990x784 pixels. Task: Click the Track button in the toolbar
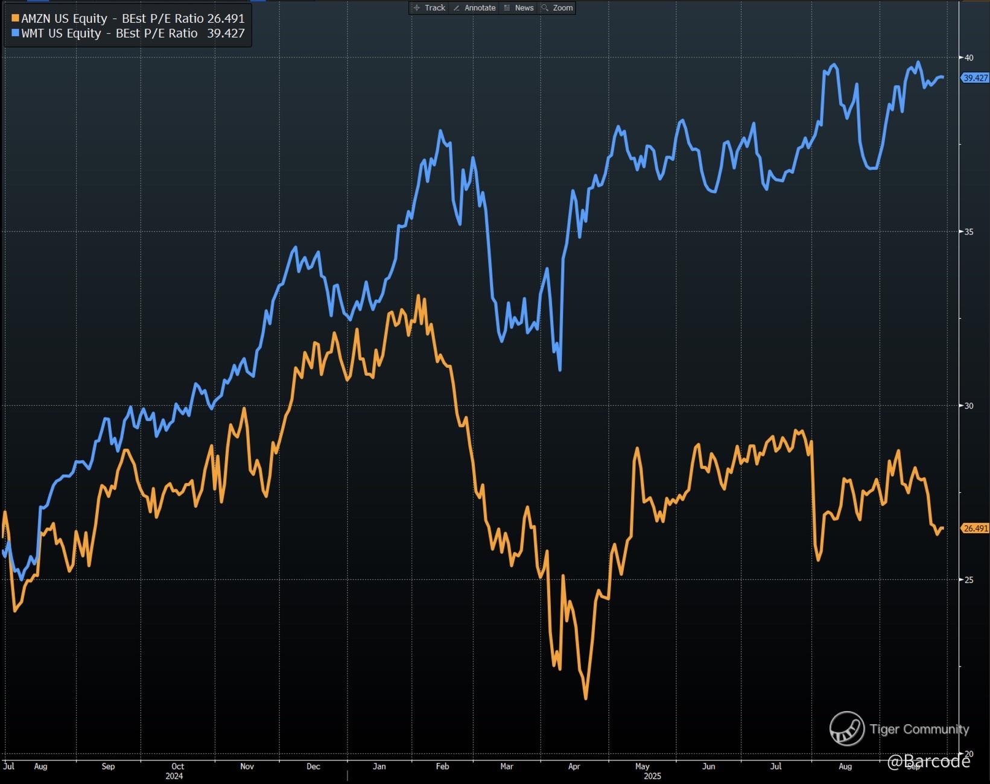coord(429,8)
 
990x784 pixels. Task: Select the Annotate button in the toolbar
coord(474,8)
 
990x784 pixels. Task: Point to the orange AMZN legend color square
coord(15,19)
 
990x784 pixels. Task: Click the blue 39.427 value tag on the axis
coord(975,78)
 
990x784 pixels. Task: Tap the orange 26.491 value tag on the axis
coord(975,528)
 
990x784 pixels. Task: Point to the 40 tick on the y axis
coord(969,58)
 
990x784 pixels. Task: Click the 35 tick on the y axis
coord(969,232)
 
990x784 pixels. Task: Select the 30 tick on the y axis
coord(969,406)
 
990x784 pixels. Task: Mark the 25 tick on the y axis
coord(969,580)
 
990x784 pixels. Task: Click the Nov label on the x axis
coord(247,767)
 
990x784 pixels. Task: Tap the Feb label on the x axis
coord(442,767)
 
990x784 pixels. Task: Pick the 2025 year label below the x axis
coord(652,776)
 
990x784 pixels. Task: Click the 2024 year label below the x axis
coord(174,776)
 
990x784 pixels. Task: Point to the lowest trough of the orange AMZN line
coord(586,698)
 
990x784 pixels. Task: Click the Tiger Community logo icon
coord(846,728)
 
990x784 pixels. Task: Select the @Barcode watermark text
coord(928,762)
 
